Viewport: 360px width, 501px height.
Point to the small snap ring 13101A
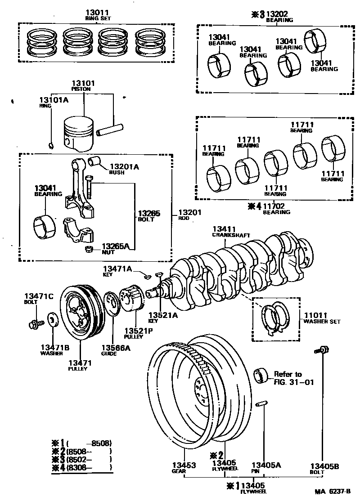coord(51,145)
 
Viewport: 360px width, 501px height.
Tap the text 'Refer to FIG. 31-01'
coord(288,378)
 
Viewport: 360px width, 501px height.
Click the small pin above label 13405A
coord(261,403)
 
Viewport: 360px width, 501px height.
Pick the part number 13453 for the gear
coord(184,465)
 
